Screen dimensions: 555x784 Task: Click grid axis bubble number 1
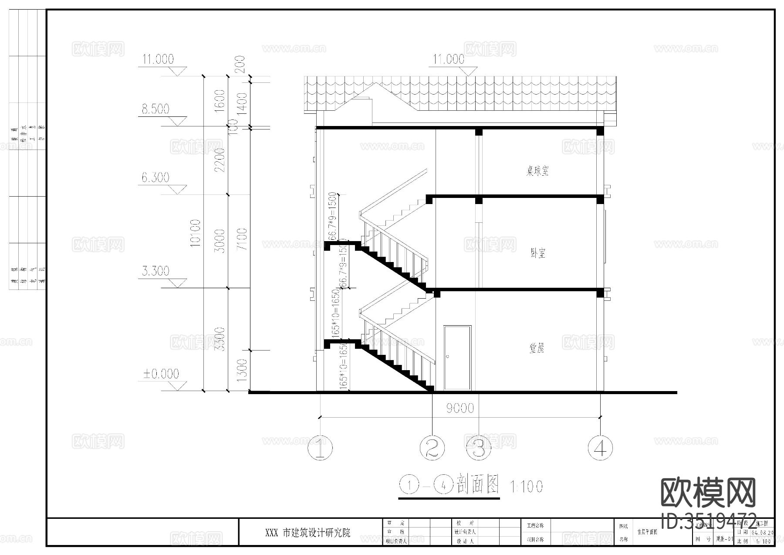[x=320, y=447]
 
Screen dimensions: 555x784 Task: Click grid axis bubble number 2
[x=432, y=447]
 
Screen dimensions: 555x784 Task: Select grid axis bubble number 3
[x=479, y=447]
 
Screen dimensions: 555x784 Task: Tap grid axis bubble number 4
[x=600, y=447]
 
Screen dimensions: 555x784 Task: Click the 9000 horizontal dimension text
[x=460, y=408]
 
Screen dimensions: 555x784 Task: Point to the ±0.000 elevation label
[x=162, y=374]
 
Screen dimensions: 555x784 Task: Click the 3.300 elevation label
[x=155, y=271]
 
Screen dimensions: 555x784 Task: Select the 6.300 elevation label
[x=155, y=177]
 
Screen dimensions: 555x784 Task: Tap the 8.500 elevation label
[x=155, y=109]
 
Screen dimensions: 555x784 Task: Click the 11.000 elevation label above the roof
[x=449, y=59]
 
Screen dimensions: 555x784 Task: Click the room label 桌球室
[x=537, y=170]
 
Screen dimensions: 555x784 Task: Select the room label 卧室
[x=538, y=253]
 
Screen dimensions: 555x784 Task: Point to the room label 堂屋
[x=537, y=348]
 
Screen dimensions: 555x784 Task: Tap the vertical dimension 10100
[x=196, y=233]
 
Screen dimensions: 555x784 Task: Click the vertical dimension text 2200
[x=220, y=160]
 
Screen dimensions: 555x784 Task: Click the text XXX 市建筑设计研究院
[x=308, y=532]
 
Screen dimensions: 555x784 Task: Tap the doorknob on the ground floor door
[x=447, y=357]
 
